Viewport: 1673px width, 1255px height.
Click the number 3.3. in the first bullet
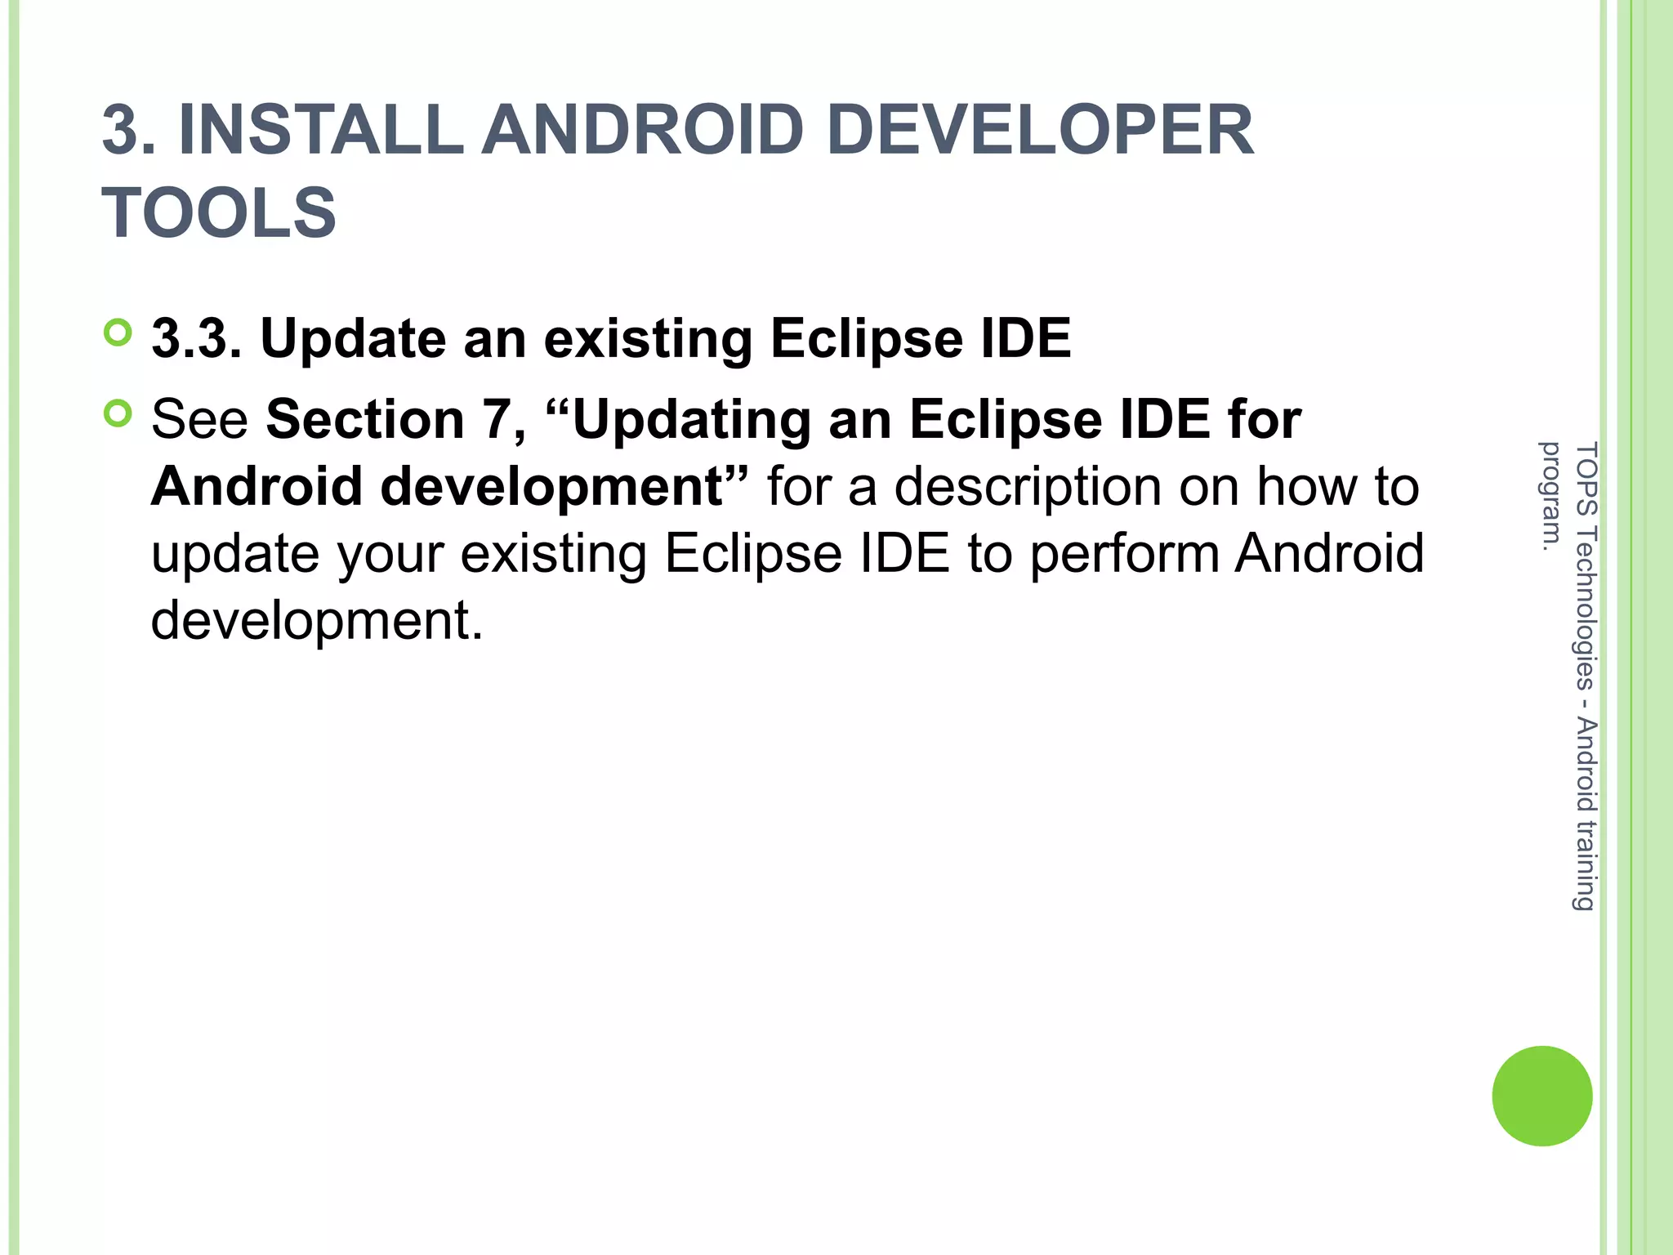pyautogui.click(x=196, y=338)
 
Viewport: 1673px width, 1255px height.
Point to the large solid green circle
pyautogui.click(x=1541, y=1096)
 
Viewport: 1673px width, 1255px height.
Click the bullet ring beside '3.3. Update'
pyautogui.click(x=118, y=333)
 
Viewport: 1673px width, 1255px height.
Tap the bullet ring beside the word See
pyautogui.click(x=118, y=414)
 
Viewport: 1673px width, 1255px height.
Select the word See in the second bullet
pyautogui.click(x=199, y=419)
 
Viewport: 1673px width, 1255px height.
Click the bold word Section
pyautogui.click(x=365, y=419)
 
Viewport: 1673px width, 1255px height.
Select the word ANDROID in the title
pyautogui.click(x=642, y=130)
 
